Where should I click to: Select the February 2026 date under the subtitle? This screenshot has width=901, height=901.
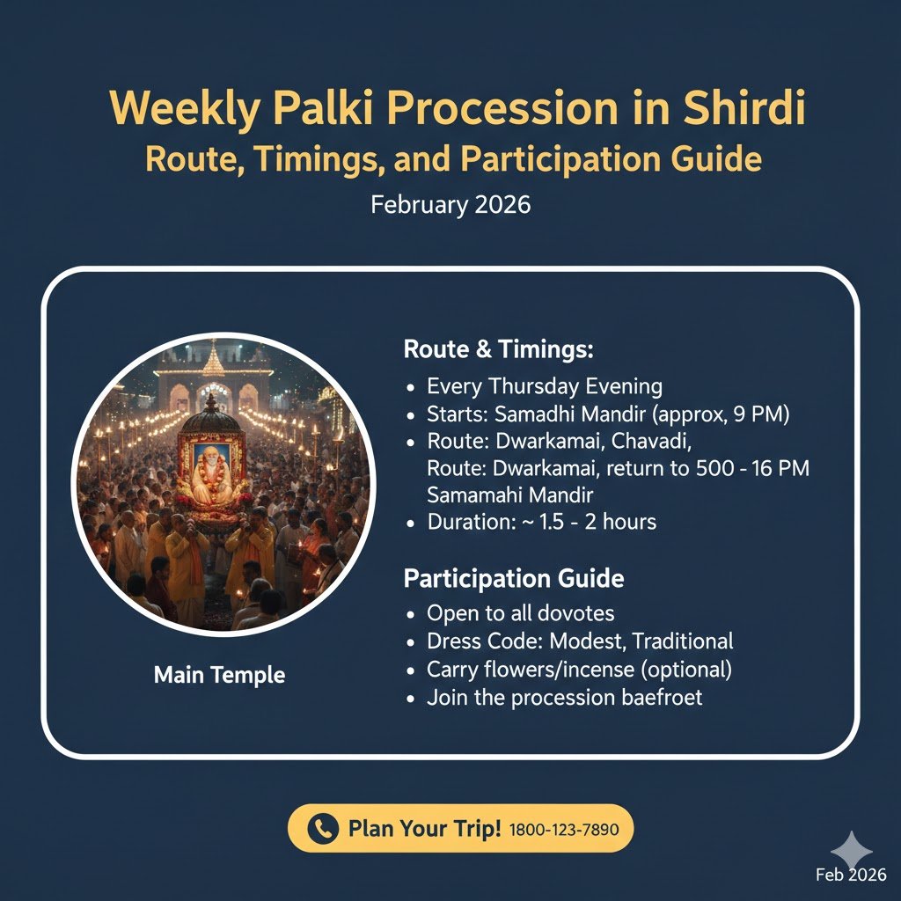coord(450,205)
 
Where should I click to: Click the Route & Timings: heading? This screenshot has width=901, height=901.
coord(499,349)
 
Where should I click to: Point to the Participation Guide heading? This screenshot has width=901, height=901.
coord(514,579)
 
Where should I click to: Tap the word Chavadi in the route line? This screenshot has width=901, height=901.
coord(654,441)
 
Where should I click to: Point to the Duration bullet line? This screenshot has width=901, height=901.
coord(541,522)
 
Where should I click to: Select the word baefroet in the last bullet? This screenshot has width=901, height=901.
coord(652,698)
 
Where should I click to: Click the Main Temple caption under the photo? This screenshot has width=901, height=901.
coord(219,676)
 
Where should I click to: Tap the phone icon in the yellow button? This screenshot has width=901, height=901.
coord(323,829)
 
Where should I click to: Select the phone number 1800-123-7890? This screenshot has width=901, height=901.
coord(564,830)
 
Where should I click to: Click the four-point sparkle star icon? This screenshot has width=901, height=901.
coord(852,850)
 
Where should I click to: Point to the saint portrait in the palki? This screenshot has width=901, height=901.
coord(211,476)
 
